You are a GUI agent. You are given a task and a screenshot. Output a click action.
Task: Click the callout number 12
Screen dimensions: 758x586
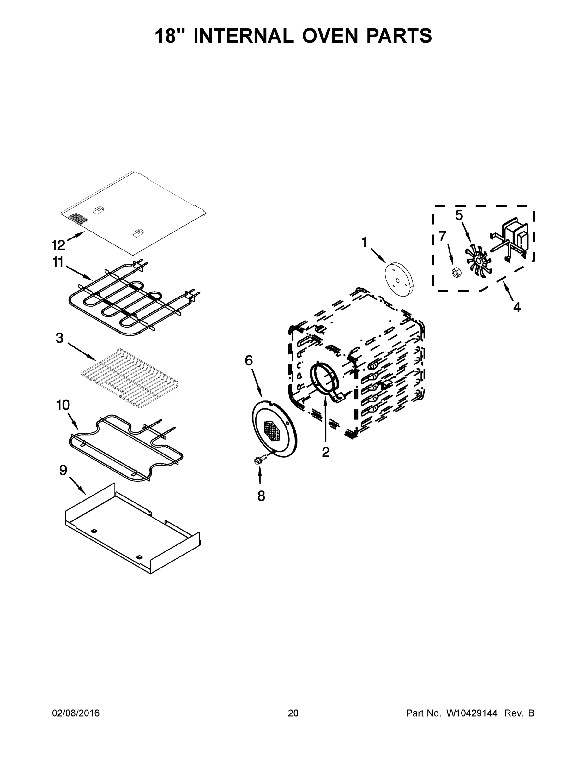[x=58, y=245]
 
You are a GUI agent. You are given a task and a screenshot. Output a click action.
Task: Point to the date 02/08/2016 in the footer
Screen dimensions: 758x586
[x=76, y=713]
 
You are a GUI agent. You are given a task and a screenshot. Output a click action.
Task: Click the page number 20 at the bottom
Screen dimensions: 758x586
[x=293, y=713]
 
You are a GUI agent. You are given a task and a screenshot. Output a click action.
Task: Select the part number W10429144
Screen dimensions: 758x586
[x=471, y=713]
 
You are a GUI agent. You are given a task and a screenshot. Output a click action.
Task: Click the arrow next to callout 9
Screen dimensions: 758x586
[x=78, y=485]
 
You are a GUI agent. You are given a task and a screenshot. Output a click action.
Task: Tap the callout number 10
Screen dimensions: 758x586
[x=63, y=405]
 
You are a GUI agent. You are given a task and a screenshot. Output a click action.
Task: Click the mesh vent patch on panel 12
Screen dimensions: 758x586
[x=79, y=218]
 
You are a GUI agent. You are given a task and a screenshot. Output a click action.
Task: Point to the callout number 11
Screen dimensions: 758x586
[x=58, y=262]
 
